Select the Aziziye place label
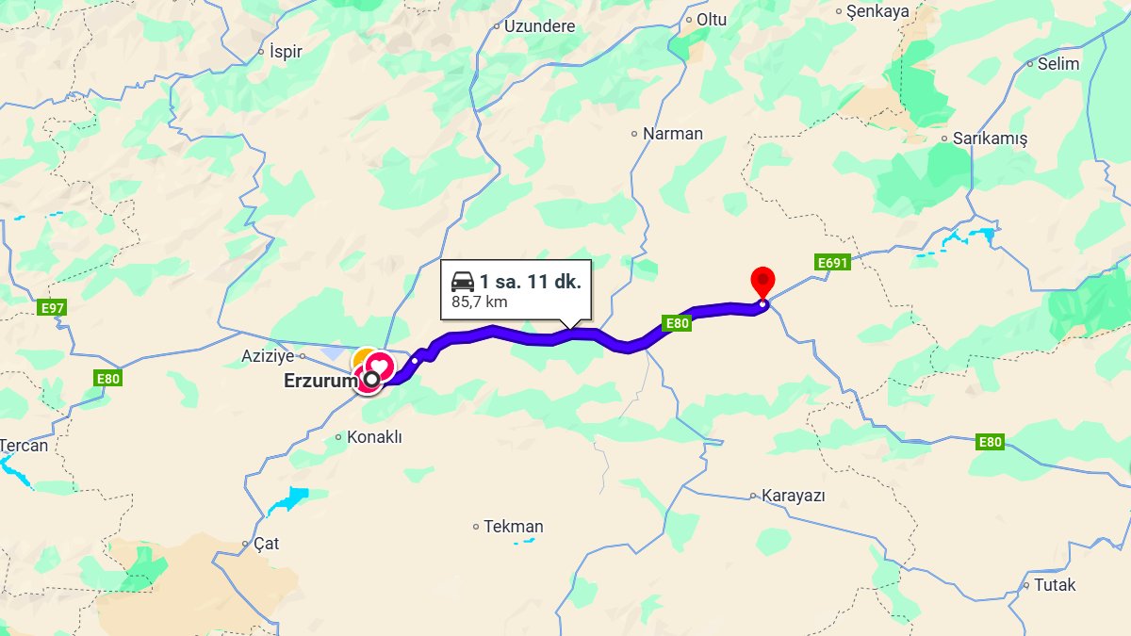[269, 357]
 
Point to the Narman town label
[672, 134]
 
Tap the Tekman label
[513, 527]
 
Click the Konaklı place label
[374, 437]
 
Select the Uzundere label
[538, 26]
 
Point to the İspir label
[285, 52]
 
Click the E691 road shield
[832, 263]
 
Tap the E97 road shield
[53, 308]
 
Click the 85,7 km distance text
[481, 303]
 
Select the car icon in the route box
[463, 282]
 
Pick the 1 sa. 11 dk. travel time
[530, 282]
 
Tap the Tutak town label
[1054, 585]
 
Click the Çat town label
[266, 545]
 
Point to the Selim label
[1057, 64]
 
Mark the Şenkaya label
[877, 12]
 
